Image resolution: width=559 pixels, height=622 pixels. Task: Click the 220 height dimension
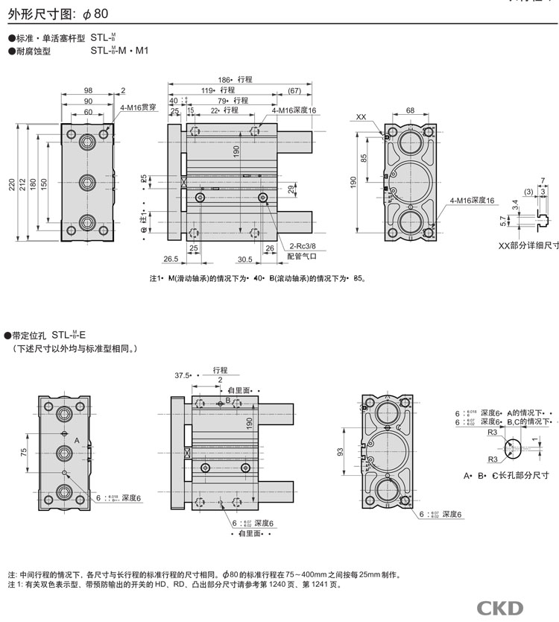11,183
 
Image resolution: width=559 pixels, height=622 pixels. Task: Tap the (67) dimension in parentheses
294,90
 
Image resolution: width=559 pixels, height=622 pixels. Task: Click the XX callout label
361,117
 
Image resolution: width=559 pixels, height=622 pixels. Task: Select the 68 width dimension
409,110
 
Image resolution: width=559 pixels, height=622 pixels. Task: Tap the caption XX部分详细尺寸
528,245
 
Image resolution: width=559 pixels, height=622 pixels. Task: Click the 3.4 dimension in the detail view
516,204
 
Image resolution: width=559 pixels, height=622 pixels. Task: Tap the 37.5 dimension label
183,375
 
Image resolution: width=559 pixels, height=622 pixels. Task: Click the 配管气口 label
301,255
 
